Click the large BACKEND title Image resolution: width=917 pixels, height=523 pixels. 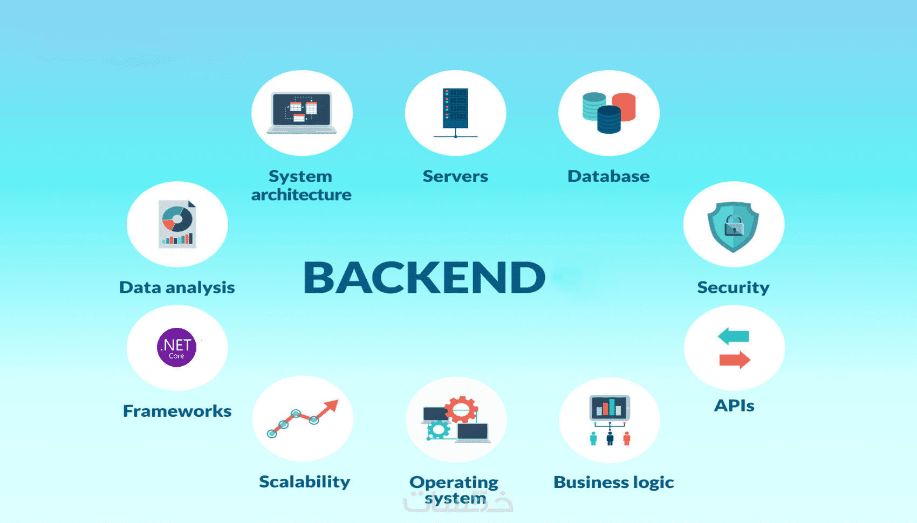click(425, 277)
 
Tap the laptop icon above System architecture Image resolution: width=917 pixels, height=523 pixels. click(302, 113)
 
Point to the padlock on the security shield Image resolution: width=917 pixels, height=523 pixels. click(734, 226)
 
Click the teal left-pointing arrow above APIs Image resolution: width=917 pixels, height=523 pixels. click(733, 336)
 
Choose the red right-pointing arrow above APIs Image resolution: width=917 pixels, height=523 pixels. click(735, 360)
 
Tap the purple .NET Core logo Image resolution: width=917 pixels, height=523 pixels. click(176, 347)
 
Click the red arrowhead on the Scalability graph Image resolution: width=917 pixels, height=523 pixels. click(331, 407)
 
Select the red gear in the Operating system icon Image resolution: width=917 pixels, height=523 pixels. click(461, 409)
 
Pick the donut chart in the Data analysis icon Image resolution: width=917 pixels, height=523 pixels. click(177, 219)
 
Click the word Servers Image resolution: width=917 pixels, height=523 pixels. click(455, 176)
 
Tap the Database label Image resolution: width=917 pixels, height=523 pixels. click(608, 176)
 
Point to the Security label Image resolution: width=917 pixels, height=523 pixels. click(733, 288)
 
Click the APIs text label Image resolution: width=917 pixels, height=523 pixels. click(734, 405)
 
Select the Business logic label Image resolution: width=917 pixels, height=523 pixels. click(614, 483)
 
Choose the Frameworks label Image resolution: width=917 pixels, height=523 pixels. click(177, 411)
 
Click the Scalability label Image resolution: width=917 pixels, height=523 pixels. click(305, 481)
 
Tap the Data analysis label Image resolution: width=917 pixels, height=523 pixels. click(177, 288)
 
